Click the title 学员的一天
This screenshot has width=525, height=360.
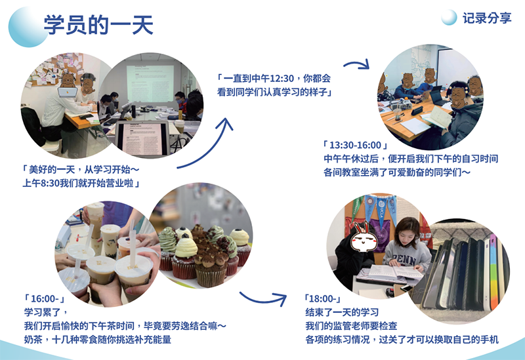click(x=98, y=26)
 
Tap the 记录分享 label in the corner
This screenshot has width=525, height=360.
click(x=486, y=19)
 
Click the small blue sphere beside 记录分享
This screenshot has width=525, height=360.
click(x=449, y=18)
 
